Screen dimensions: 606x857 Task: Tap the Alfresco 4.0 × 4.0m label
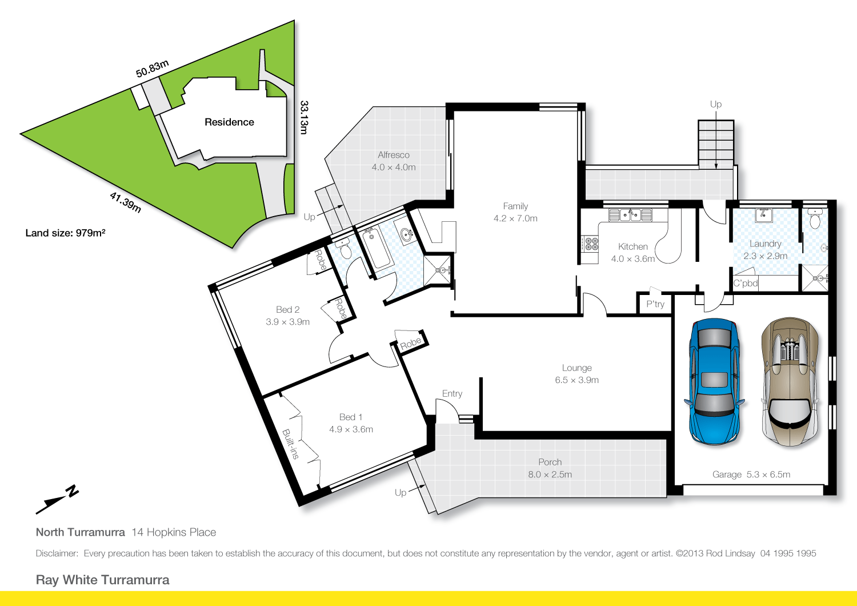coord(394,161)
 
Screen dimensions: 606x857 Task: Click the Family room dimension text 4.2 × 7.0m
coord(515,218)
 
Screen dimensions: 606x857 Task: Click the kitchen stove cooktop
coord(590,244)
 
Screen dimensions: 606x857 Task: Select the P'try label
coord(655,304)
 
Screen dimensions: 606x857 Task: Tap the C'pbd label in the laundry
coord(746,284)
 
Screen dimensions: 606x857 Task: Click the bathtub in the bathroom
coord(377,249)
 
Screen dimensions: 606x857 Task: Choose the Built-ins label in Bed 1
coord(291,444)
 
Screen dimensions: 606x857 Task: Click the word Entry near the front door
coord(452,394)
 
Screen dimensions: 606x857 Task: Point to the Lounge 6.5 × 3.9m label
coord(576,374)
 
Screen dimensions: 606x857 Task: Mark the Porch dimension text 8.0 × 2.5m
coord(550,475)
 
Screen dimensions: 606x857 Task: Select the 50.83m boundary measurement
coord(152,69)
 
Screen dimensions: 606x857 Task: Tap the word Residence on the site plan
coord(229,122)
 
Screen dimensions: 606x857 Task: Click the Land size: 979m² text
coord(65,233)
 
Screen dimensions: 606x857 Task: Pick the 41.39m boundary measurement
coord(125,202)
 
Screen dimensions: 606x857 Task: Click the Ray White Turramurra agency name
coord(103,580)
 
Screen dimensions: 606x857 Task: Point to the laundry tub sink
coord(764,215)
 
